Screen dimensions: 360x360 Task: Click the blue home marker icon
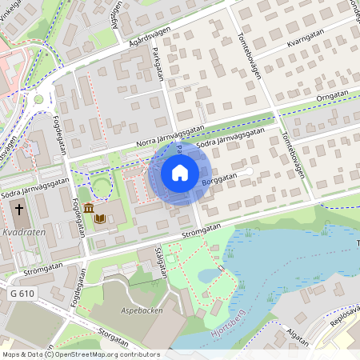coord(180,173)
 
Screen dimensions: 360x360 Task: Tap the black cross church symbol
coord(18,210)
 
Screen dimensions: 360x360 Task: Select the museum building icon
coord(86,210)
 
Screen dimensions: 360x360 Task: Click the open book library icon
coord(100,217)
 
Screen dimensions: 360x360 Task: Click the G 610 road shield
coord(23,294)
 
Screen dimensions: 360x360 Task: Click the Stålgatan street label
coord(162,261)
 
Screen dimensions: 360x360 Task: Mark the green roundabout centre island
coord(38,99)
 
